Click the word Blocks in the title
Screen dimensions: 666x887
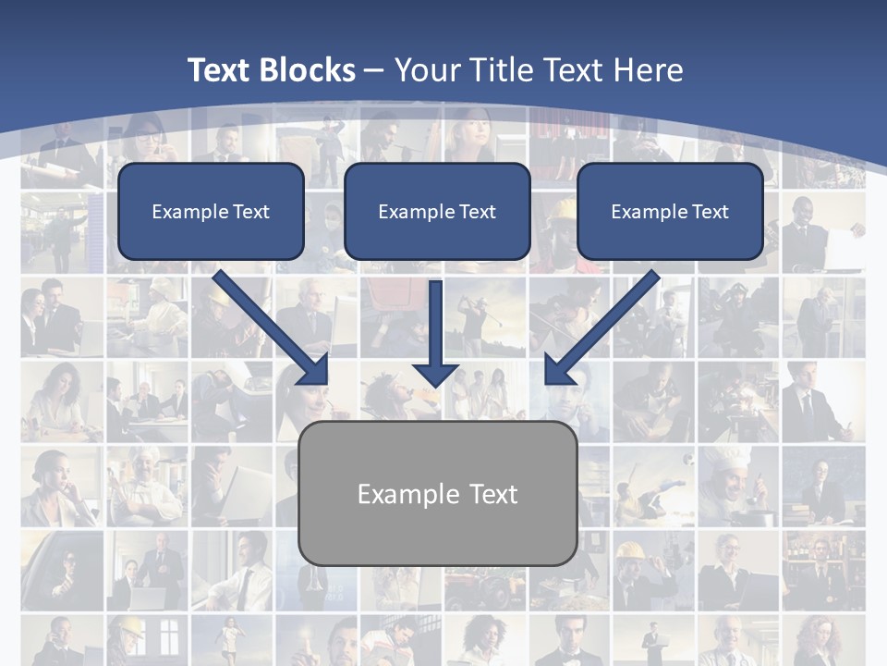pyautogui.click(x=307, y=70)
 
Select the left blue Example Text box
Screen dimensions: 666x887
pyautogui.click(x=211, y=211)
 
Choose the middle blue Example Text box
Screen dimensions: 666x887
pyautogui.click(x=437, y=211)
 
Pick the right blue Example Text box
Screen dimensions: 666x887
pyautogui.click(x=670, y=211)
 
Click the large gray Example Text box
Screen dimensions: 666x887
pyautogui.click(x=438, y=493)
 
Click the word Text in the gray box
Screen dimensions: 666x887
pyautogui.click(x=493, y=494)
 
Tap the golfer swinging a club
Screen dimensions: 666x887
pyautogui.click(x=476, y=319)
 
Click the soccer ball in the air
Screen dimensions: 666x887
pyautogui.click(x=687, y=459)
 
